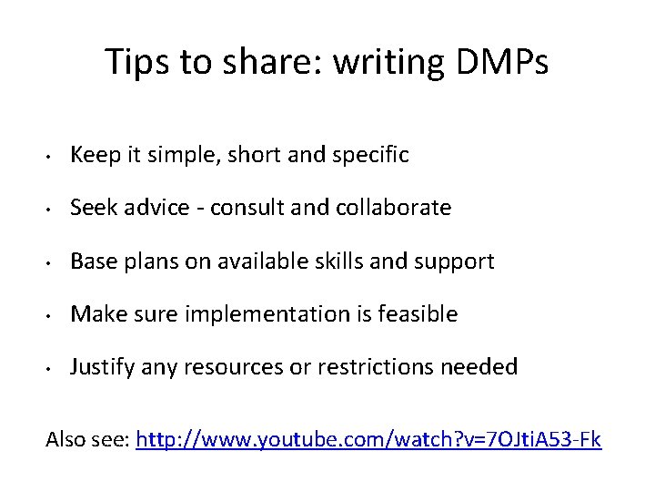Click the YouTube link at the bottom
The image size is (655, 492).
[368, 440]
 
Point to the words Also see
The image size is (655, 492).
[87, 440]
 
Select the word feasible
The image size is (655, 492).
[418, 314]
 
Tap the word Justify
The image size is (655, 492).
[102, 367]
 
